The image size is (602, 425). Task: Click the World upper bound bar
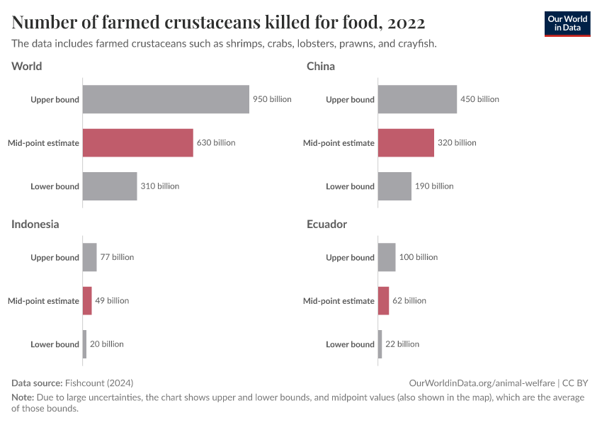coord(166,99)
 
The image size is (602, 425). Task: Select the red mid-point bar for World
coord(138,142)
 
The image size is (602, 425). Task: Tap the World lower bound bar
coord(110,186)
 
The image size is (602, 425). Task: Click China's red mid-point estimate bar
coord(406,142)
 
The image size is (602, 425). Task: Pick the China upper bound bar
coord(417,99)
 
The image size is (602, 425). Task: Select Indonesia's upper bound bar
coord(89,257)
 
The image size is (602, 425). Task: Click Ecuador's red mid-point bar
coord(383,300)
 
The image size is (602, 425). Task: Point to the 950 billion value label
coord(272,99)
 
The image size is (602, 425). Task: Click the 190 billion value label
coord(434,186)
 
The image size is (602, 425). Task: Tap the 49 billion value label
coord(112,300)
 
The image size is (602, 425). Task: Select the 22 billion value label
coord(402,344)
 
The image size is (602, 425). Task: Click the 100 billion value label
coord(419,257)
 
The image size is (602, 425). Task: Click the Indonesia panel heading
coord(35,224)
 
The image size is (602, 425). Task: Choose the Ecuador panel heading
coord(326,224)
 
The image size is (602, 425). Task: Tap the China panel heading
coord(321,66)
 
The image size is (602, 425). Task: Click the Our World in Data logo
coord(567,23)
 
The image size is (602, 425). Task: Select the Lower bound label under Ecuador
coord(350,344)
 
